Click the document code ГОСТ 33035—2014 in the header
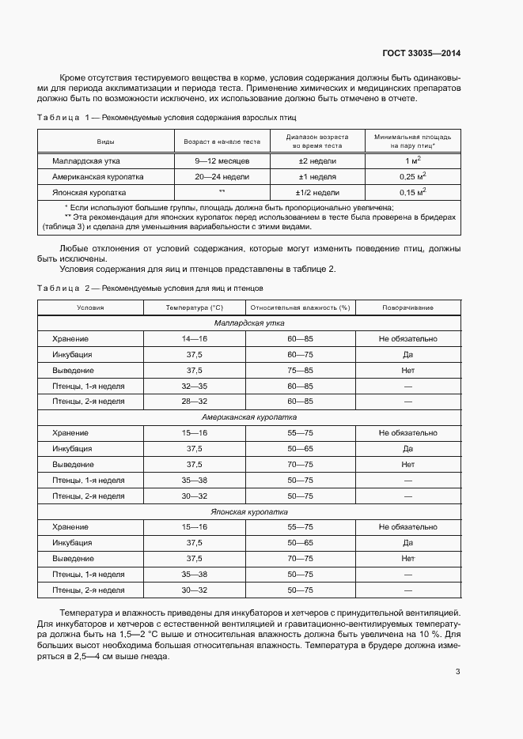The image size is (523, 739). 421,54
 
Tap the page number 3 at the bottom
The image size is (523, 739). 457,672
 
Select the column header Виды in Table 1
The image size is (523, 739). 104,141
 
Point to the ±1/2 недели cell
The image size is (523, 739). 317,192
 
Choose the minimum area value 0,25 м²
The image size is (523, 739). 412,176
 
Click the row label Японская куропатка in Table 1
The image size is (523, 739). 89,192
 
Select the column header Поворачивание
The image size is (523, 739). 407,307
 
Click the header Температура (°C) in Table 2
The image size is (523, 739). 194,307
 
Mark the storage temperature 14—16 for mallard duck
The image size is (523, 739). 194,338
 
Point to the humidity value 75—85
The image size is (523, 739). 300,370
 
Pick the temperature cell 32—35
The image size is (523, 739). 194,386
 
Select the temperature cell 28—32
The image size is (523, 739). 194,402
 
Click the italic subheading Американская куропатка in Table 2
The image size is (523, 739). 249,417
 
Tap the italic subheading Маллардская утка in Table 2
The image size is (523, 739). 249,323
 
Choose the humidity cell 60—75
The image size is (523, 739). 300,354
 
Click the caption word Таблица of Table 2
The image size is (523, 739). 59,288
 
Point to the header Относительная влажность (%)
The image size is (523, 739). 300,307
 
